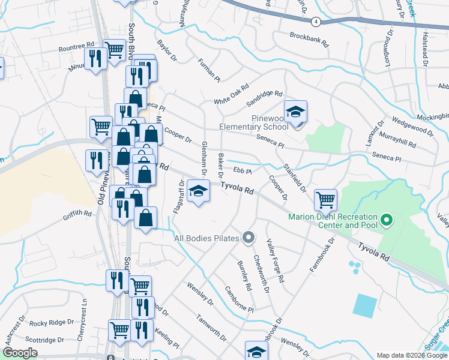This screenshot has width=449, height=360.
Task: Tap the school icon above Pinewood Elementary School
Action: pyautogui.click(x=295, y=112)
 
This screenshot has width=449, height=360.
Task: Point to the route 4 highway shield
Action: pyautogui.click(x=316, y=21)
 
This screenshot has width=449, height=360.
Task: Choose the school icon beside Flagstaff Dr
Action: pyautogui.click(x=198, y=192)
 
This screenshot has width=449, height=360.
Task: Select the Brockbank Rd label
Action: pyautogui.click(x=310, y=39)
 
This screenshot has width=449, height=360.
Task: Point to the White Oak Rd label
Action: pyautogui.click(x=231, y=94)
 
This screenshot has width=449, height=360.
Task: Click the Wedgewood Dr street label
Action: pyautogui.click(x=409, y=128)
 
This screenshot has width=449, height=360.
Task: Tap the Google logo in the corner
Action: pyautogui.click(x=20, y=353)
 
